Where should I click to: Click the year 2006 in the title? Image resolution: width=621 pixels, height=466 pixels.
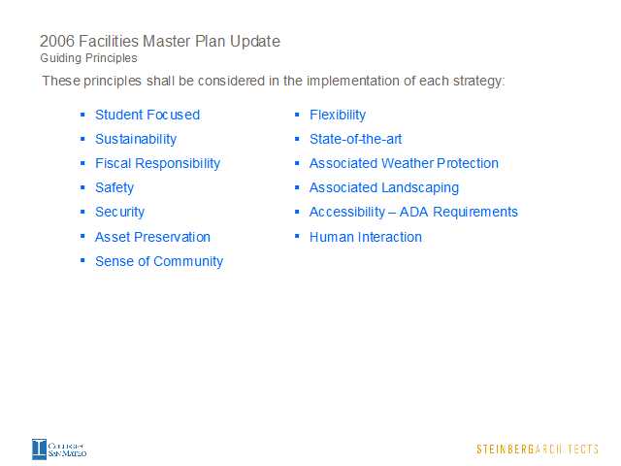(x=57, y=41)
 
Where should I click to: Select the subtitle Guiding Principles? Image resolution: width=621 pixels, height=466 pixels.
(x=88, y=58)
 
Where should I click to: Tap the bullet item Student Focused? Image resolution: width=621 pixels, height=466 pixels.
(x=147, y=115)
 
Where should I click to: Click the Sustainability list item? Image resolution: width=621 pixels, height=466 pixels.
(x=136, y=140)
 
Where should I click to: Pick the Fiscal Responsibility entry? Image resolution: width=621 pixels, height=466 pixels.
(x=157, y=164)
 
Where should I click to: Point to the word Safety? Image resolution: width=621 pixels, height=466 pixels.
(x=114, y=187)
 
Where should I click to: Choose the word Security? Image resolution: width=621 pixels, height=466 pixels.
(x=119, y=212)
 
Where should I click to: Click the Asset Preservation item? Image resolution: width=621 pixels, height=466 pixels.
(x=152, y=237)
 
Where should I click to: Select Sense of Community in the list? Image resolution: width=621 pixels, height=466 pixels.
(x=159, y=261)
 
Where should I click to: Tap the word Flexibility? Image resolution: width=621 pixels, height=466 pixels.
(x=338, y=116)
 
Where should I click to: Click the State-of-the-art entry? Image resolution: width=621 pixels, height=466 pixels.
(x=356, y=139)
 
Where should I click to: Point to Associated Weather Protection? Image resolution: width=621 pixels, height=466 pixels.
(x=404, y=163)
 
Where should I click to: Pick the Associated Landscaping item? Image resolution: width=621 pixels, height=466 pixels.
(x=384, y=187)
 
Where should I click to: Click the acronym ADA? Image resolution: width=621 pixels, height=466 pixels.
(x=414, y=212)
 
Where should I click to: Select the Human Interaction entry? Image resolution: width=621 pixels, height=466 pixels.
(x=366, y=237)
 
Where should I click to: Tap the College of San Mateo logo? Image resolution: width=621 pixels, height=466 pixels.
(x=59, y=449)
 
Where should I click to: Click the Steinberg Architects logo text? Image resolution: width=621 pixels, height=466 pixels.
(x=537, y=449)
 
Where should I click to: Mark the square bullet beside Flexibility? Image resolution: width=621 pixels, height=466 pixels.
(x=297, y=115)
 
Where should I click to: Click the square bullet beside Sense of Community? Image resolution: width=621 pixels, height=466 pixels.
(x=82, y=260)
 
